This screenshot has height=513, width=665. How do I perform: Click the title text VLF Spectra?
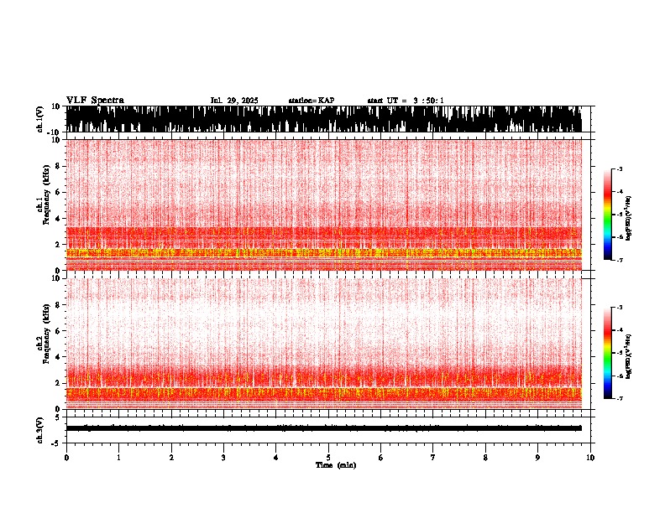(x=95, y=101)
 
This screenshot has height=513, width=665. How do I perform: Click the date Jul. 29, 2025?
(x=234, y=101)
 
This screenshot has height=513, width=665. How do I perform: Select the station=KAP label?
(x=311, y=101)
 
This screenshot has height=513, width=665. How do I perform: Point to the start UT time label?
(x=406, y=101)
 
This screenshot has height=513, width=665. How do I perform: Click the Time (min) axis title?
(x=335, y=465)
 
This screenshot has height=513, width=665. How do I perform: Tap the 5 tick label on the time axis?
(x=328, y=458)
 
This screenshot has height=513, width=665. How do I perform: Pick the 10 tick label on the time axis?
(x=591, y=458)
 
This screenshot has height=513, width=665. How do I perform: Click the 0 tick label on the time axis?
(x=66, y=458)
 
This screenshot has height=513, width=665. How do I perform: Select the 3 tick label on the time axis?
(x=223, y=458)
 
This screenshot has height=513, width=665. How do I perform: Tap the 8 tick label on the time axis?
(x=485, y=458)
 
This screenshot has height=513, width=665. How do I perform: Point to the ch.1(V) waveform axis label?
(x=39, y=119)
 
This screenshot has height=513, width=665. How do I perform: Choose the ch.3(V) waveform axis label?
(x=39, y=427)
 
